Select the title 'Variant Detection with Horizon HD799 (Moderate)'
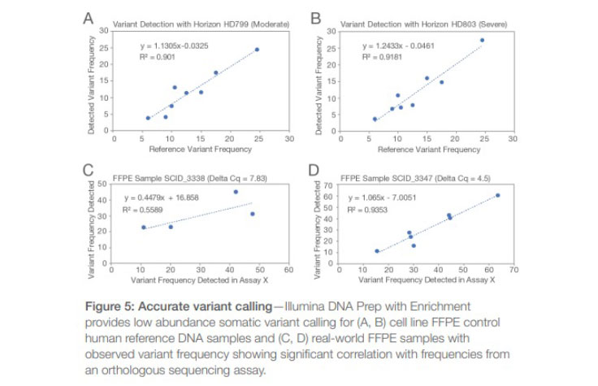[201, 22]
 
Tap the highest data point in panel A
[257, 50]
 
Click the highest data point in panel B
[482, 40]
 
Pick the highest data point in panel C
[236, 192]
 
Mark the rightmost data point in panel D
[497, 195]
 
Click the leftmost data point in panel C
[143, 228]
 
